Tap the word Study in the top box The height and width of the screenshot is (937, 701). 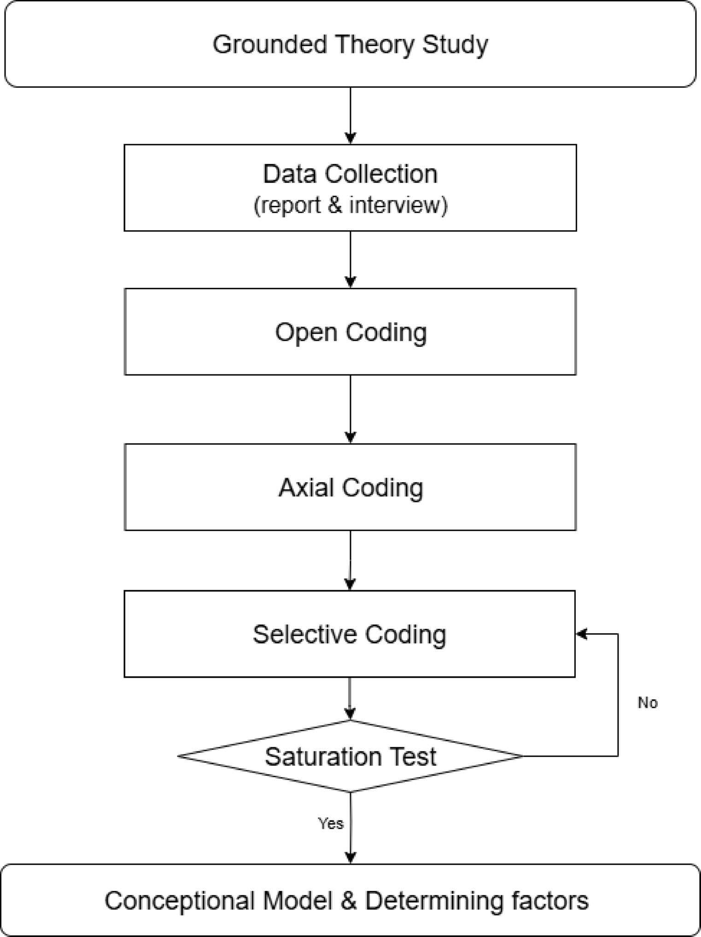455,45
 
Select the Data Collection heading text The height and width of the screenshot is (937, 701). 350,174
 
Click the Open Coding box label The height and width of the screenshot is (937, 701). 350,332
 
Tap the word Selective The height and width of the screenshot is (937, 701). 305,634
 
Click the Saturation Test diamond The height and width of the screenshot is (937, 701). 350,757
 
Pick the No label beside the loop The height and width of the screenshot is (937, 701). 647,703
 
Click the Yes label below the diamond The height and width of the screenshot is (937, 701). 330,824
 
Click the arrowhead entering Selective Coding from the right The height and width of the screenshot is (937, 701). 581,634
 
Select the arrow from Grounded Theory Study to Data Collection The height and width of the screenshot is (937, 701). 350,115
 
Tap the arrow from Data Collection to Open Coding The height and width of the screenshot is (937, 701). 350,259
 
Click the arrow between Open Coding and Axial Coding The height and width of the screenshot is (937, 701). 350,409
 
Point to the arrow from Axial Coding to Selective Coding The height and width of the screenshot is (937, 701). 350,560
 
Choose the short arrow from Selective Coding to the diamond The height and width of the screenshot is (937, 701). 350,698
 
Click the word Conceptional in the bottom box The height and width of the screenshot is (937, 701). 180,901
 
